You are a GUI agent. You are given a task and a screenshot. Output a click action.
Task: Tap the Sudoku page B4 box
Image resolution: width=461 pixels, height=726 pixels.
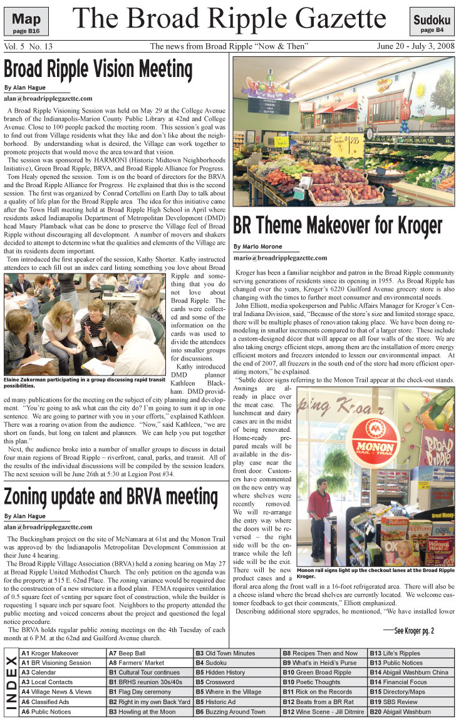(432, 21)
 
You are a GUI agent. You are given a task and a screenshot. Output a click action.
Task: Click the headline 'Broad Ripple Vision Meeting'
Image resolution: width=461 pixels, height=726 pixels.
(98, 68)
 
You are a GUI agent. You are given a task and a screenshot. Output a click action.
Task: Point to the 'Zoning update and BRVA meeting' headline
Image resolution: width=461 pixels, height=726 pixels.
(110, 496)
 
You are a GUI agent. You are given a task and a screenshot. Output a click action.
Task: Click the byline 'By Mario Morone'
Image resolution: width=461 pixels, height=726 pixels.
(259, 247)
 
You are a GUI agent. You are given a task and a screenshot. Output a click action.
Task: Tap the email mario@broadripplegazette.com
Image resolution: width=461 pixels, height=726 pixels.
(280, 257)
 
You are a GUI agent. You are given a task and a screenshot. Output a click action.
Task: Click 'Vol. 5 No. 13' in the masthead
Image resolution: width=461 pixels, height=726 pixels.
(28, 46)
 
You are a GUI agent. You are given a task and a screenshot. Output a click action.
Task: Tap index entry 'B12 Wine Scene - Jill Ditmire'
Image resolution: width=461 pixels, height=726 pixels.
(323, 712)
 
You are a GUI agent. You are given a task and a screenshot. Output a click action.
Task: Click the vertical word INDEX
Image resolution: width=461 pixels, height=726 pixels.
(11, 682)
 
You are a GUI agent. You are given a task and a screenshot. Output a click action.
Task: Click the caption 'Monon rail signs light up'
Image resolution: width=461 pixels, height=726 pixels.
(375, 573)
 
